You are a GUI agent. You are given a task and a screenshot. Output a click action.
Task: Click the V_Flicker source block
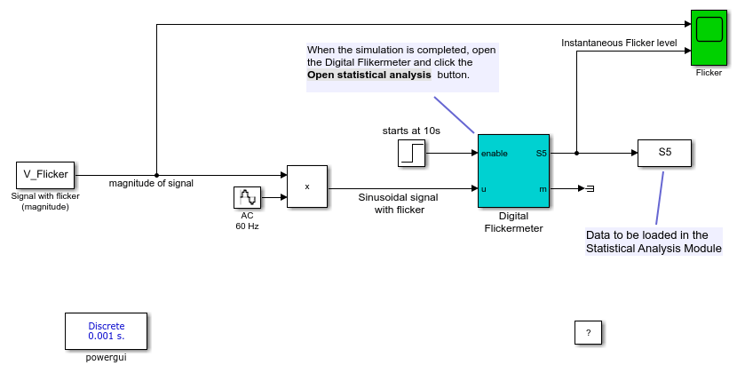tap(45, 175)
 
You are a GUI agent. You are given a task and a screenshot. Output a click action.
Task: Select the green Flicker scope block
tap(709, 37)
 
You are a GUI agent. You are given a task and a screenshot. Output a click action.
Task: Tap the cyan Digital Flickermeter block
tap(513, 171)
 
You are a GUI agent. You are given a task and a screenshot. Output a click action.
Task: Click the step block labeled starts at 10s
tap(411, 153)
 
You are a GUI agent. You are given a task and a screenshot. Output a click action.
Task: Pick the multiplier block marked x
tap(307, 186)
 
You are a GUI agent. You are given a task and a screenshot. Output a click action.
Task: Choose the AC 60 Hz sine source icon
tap(247, 197)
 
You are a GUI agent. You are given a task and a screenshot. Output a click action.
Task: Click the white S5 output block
tap(664, 153)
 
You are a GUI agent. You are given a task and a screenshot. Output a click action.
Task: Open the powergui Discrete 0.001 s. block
tap(107, 331)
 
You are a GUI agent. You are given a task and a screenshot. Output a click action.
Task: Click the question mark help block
tap(588, 332)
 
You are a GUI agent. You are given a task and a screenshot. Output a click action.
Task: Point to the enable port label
tap(494, 154)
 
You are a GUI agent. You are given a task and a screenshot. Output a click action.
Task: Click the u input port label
tap(484, 189)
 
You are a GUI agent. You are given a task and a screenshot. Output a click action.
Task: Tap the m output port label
tap(543, 189)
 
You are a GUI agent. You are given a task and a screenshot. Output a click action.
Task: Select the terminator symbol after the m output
tap(590, 188)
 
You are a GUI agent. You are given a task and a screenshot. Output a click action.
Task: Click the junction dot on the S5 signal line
tap(576, 153)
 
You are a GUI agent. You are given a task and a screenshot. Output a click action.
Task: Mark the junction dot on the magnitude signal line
tap(156, 176)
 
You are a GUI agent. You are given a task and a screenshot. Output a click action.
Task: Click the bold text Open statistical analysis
tap(369, 75)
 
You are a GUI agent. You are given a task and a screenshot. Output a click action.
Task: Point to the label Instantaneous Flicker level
tap(619, 43)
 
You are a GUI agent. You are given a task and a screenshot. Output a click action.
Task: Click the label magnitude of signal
tap(151, 184)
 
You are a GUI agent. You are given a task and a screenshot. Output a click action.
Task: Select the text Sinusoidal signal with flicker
tap(398, 203)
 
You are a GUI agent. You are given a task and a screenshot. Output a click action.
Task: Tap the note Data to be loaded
tap(654, 242)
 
